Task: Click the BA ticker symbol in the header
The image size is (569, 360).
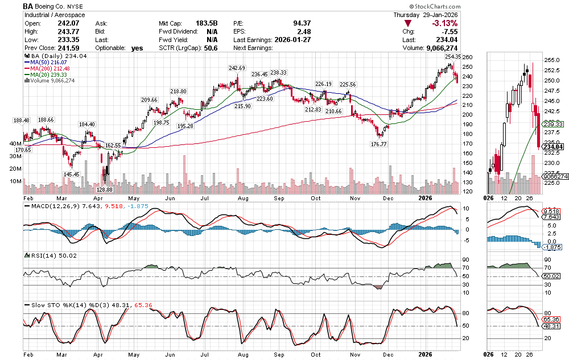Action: (x=28, y=6)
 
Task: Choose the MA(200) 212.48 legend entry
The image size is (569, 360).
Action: (x=51, y=69)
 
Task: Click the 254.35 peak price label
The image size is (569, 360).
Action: (x=453, y=57)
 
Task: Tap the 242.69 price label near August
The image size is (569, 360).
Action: (x=237, y=68)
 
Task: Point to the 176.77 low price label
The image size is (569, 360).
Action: (x=379, y=144)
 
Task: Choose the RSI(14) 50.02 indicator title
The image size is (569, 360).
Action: (x=48, y=255)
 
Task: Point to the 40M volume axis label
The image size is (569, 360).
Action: (x=15, y=144)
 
